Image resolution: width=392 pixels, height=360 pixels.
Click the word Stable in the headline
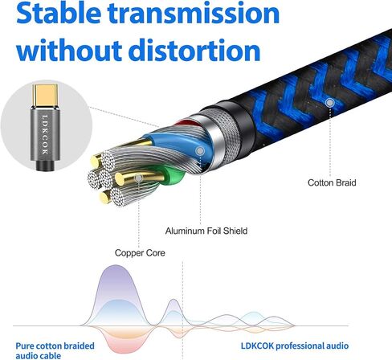click(x=59, y=14)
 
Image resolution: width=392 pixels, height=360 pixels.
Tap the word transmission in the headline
click(x=194, y=14)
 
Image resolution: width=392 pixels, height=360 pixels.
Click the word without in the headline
click(x=69, y=50)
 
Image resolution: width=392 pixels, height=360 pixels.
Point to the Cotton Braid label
click(x=332, y=182)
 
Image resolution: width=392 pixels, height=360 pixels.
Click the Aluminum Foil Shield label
click(x=206, y=231)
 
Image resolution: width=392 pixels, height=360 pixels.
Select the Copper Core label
click(x=140, y=252)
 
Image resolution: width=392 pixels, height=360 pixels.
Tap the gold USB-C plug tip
click(x=45, y=96)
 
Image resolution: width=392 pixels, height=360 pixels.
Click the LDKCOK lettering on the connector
click(x=45, y=134)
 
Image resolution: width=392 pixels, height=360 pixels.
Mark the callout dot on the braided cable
click(x=330, y=103)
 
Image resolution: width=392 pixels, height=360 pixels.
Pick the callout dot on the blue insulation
click(x=200, y=151)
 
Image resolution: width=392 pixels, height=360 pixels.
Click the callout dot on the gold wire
click(x=138, y=178)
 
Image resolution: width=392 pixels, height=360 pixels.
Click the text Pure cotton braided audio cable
click(x=55, y=350)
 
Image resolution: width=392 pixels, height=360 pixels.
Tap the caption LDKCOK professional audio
click(x=295, y=346)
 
